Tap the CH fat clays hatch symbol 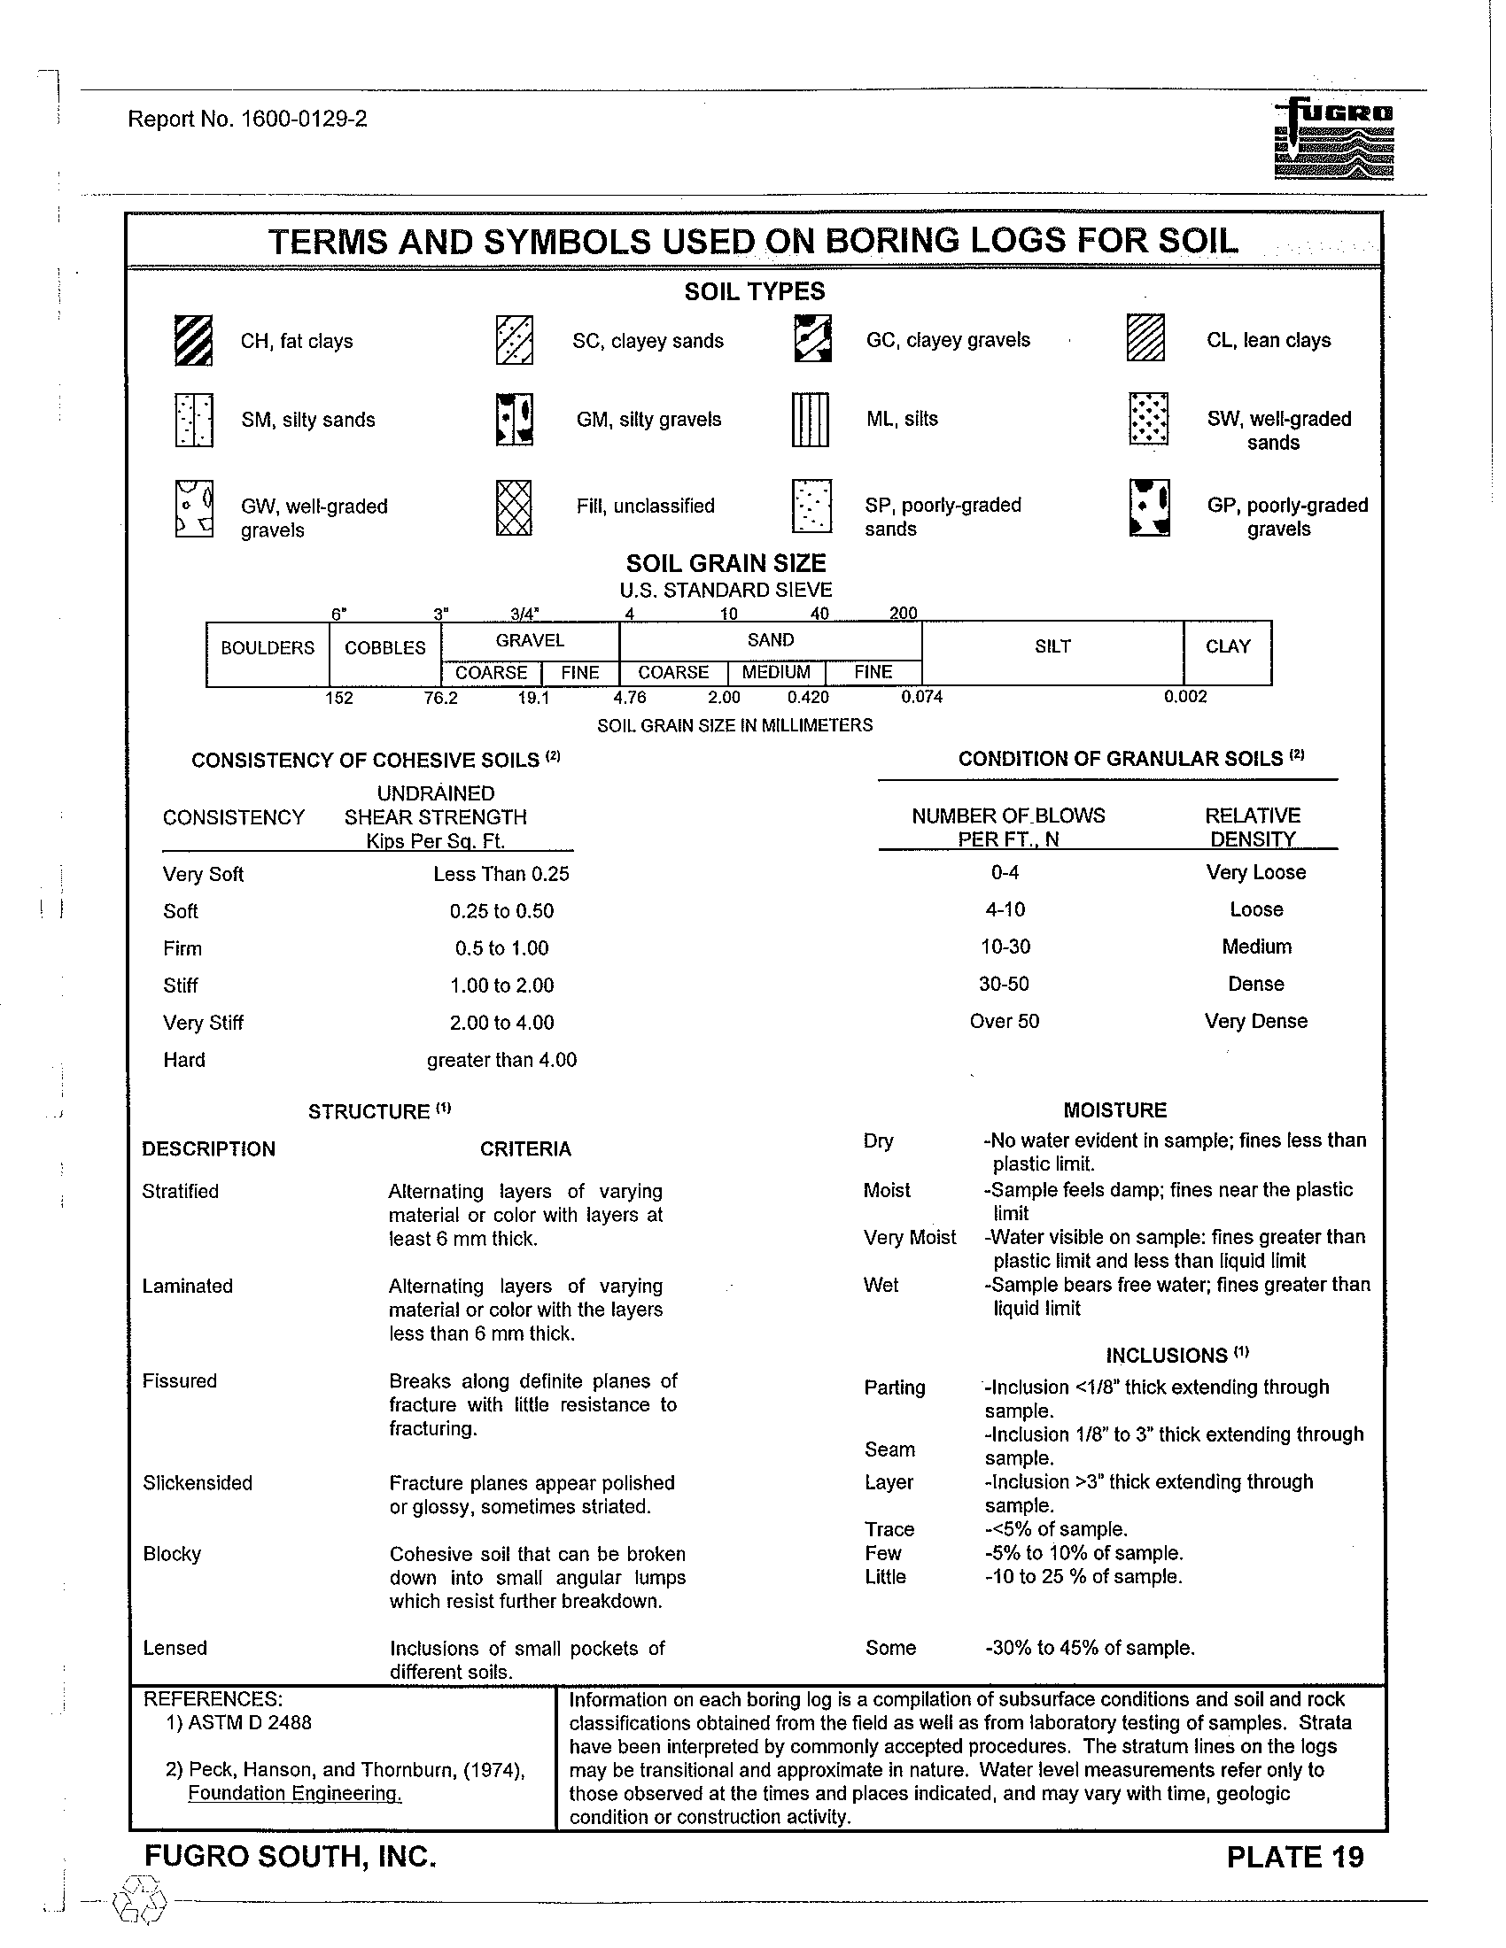194,341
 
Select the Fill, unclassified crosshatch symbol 513,506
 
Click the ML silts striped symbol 810,419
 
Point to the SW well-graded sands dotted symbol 1147,419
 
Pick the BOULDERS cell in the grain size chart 268,648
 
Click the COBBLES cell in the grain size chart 384,648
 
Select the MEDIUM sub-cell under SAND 776,673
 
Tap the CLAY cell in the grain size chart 1227,646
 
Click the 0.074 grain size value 921,697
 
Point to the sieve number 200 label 903,614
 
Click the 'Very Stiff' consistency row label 203,1023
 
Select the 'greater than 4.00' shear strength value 501,1061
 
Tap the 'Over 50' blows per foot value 1004,1021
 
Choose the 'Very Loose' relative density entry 1255,872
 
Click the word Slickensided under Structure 198,1483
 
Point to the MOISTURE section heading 1114,1110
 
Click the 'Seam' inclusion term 889,1449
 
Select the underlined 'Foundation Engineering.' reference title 294,1794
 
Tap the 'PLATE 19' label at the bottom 1294,1857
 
